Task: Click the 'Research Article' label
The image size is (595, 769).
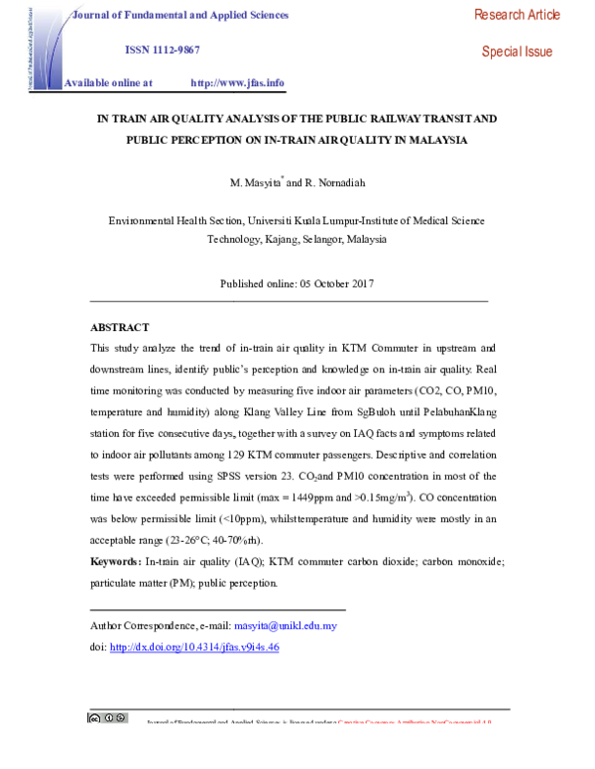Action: point(517,15)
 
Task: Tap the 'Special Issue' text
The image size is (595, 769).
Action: point(517,52)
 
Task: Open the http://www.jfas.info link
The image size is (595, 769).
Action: point(237,83)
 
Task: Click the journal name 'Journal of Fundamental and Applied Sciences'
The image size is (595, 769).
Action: point(181,15)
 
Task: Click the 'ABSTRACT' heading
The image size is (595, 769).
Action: point(119,327)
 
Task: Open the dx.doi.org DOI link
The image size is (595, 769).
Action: point(194,647)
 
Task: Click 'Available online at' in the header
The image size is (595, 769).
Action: point(108,83)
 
